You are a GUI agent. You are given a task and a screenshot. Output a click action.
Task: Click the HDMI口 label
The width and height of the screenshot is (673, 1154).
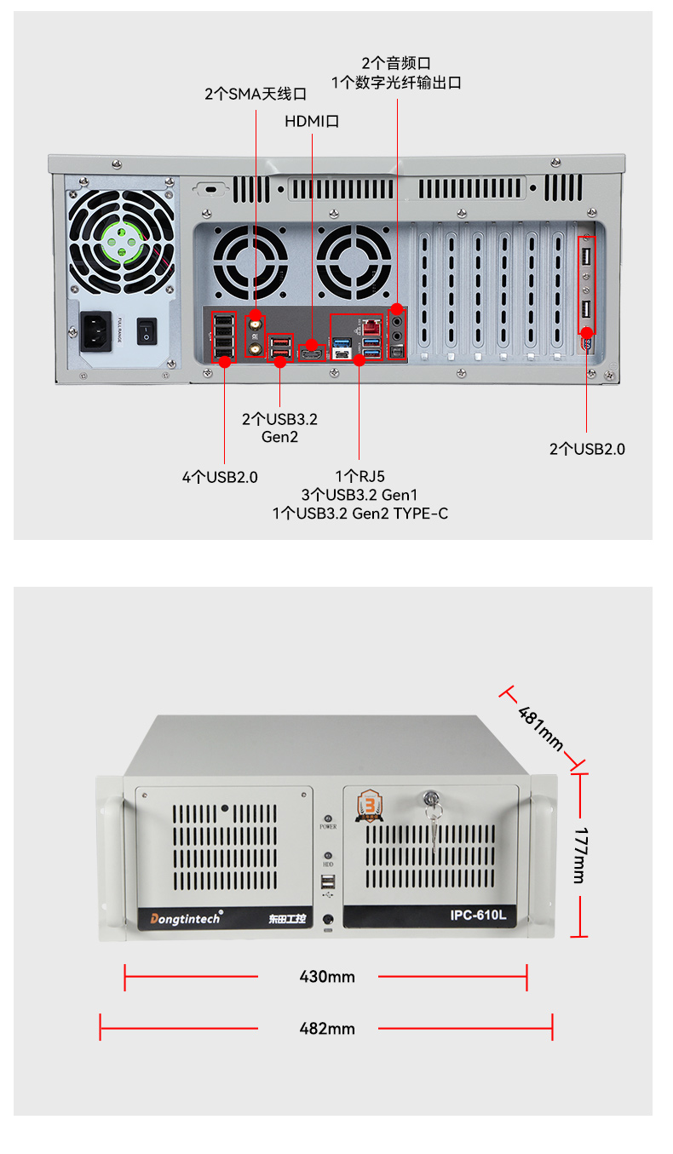pyautogui.click(x=312, y=121)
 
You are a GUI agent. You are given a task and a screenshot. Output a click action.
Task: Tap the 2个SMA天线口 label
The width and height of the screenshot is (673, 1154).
pyautogui.click(x=256, y=94)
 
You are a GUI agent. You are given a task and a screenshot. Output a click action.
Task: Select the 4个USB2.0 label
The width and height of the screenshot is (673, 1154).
pyautogui.click(x=220, y=477)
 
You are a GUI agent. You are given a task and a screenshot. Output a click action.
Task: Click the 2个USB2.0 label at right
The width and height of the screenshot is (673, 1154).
pyautogui.click(x=587, y=449)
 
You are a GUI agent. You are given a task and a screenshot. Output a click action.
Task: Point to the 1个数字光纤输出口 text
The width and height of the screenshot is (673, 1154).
pyautogui.click(x=396, y=83)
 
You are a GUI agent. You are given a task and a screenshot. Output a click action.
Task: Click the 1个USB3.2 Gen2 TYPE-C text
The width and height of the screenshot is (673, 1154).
pyautogui.click(x=360, y=514)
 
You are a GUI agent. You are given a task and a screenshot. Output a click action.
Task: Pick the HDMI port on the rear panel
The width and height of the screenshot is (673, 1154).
pyautogui.click(x=313, y=349)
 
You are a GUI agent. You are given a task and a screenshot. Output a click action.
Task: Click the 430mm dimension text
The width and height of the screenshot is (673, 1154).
pyautogui.click(x=327, y=977)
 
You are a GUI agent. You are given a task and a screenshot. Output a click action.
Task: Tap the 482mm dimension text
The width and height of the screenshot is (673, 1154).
pyautogui.click(x=327, y=1028)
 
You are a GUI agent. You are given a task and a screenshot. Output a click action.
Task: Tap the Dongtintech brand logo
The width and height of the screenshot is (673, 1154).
pyautogui.click(x=186, y=917)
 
